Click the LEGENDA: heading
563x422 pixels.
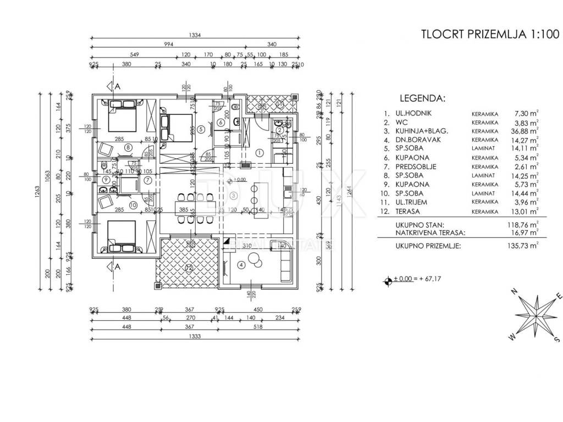coord(422,99)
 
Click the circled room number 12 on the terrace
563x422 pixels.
coord(189,268)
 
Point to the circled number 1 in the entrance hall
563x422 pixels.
coord(260,153)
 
